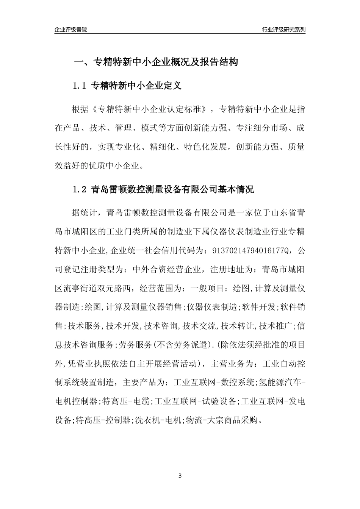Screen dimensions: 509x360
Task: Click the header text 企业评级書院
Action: pyautogui.click(x=71, y=30)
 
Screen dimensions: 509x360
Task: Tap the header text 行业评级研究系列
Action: pyautogui.click(x=283, y=30)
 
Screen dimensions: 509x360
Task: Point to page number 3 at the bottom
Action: pyautogui.click(x=180, y=475)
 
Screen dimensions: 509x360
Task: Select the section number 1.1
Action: pyautogui.click(x=80, y=86)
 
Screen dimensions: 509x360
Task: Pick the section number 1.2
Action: pyautogui.click(x=80, y=189)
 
